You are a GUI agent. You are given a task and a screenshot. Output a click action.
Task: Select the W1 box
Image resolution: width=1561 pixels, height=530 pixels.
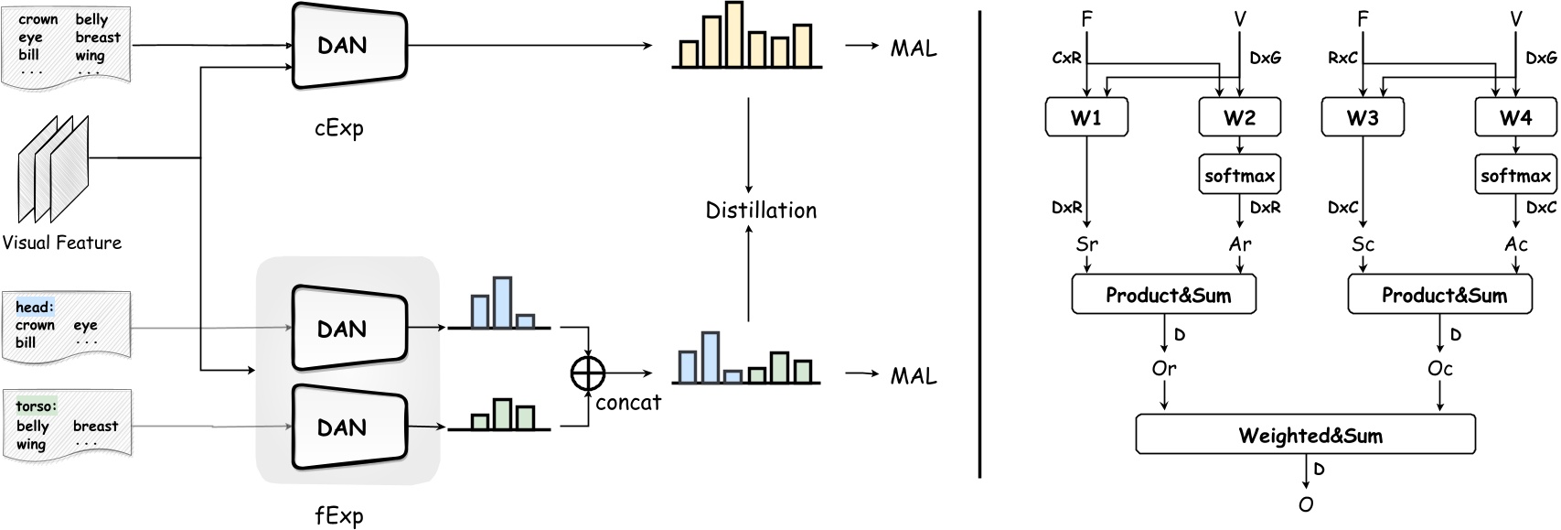(1086, 118)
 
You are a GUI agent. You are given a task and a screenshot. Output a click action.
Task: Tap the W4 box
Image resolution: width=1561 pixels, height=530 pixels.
(1515, 118)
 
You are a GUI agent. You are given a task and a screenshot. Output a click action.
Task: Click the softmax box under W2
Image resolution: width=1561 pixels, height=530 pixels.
(1239, 175)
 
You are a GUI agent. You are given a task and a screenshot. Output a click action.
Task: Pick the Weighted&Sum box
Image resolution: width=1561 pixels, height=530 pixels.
(1305, 435)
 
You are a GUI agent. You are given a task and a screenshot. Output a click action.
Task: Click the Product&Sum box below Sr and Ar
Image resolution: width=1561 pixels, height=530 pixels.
(1163, 295)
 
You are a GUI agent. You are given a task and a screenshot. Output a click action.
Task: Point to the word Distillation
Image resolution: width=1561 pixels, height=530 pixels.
(761, 211)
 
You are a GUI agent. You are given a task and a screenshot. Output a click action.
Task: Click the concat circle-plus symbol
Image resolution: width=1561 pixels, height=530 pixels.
(588, 373)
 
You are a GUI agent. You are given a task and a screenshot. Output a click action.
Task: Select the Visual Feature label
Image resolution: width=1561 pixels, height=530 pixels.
(61, 243)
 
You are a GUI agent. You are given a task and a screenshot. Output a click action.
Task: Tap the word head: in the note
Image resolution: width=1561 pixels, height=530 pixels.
(34, 308)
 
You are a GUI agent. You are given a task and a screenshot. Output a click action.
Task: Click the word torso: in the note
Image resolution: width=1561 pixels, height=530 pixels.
(36, 406)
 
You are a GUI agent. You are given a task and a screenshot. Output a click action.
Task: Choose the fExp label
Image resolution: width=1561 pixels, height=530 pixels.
(338, 515)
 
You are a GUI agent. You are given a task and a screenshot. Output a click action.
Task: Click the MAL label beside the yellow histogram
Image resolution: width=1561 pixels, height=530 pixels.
(913, 49)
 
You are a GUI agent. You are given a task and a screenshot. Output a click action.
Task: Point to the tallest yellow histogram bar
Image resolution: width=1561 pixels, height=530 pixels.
(733, 33)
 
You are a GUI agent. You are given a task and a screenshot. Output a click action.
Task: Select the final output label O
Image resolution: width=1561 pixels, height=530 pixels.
(1305, 504)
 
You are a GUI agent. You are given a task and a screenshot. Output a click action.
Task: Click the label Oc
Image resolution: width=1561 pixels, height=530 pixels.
(1439, 368)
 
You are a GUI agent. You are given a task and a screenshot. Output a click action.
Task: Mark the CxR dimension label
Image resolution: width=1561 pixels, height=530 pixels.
(1066, 58)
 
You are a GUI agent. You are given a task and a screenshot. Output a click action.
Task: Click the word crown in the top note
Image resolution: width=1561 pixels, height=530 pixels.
(37, 19)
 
